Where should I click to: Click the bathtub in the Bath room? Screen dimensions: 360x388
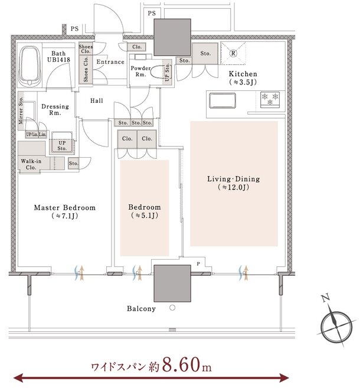click(x=30, y=66)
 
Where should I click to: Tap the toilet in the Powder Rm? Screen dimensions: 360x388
click(x=157, y=73)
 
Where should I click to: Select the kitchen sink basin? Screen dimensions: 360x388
click(x=222, y=100)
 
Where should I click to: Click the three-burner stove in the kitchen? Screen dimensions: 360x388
click(x=270, y=100)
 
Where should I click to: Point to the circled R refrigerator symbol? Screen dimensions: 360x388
click(x=233, y=53)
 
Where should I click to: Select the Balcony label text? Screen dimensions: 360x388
click(x=141, y=308)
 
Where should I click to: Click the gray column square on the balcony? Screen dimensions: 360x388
click(x=172, y=283)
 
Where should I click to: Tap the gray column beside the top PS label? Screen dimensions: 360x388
click(x=172, y=37)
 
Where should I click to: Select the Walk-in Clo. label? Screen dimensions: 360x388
click(x=31, y=164)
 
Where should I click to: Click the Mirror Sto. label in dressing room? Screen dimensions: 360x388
click(x=21, y=110)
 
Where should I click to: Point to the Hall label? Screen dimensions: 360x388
click(x=96, y=100)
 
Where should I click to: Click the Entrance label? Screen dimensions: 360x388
click(x=110, y=61)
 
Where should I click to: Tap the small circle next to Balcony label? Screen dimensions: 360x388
click(x=172, y=308)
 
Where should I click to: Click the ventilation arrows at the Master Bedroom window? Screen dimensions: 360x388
click(x=79, y=273)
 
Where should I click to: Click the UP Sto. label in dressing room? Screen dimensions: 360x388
click(x=62, y=145)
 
